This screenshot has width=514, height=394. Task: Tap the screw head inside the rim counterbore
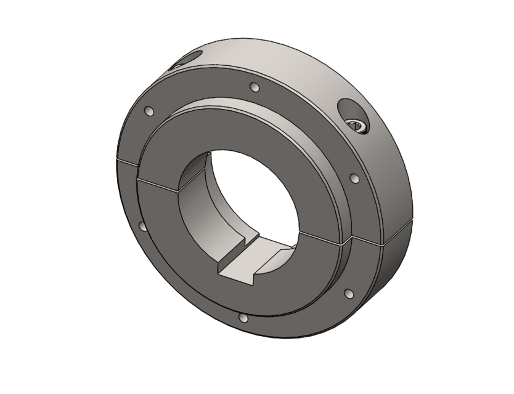(x=358, y=126)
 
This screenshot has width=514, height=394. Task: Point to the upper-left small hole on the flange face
(x=148, y=111)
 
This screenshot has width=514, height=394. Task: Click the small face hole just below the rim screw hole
(x=354, y=178)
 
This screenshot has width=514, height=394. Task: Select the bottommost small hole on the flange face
(x=243, y=319)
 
